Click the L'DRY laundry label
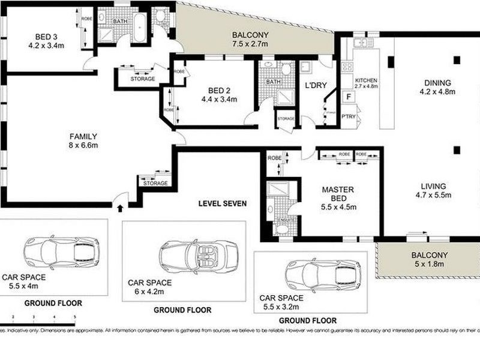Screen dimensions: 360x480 316,86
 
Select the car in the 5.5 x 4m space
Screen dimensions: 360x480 61,248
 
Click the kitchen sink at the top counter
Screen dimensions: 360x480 362,43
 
